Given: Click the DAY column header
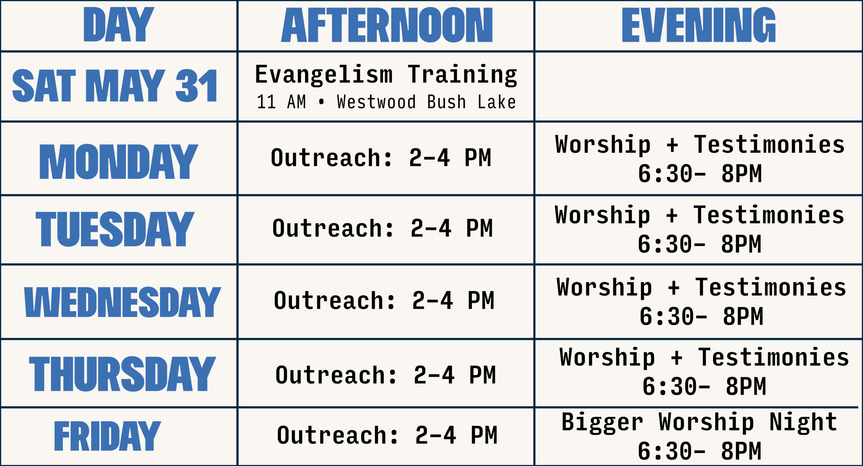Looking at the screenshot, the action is (x=119, y=25).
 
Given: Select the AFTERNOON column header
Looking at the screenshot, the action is (x=387, y=25).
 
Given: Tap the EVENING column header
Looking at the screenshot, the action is (x=698, y=25).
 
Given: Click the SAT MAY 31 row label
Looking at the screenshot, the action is (x=115, y=85).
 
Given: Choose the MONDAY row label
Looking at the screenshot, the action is (x=119, y=162).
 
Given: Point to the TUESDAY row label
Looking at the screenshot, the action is (x=115, y=229).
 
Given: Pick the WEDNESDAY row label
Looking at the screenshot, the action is (x=123, y=302).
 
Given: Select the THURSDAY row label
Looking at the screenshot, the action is (x=122, y=374).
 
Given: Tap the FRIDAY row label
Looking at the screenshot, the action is (x=107, y=436).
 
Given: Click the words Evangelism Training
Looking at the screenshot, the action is (x=386, y=75).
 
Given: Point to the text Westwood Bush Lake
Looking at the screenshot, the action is (x=426, y=102).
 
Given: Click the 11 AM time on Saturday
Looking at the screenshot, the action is (x=281, y=102).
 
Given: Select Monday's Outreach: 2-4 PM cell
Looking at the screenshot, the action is (x=381, y=157).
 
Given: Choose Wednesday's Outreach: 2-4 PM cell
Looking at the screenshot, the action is (x=384, y=300).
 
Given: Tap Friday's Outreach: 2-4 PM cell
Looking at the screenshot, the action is (x=387, y=435).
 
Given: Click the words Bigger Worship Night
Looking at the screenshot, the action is (x=699, y=422).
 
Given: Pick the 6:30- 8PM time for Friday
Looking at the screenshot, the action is (x=700, y=451).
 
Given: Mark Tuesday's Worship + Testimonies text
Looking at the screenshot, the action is (x=700, y=215).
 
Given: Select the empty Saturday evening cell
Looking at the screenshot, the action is (x=698, y=87).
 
